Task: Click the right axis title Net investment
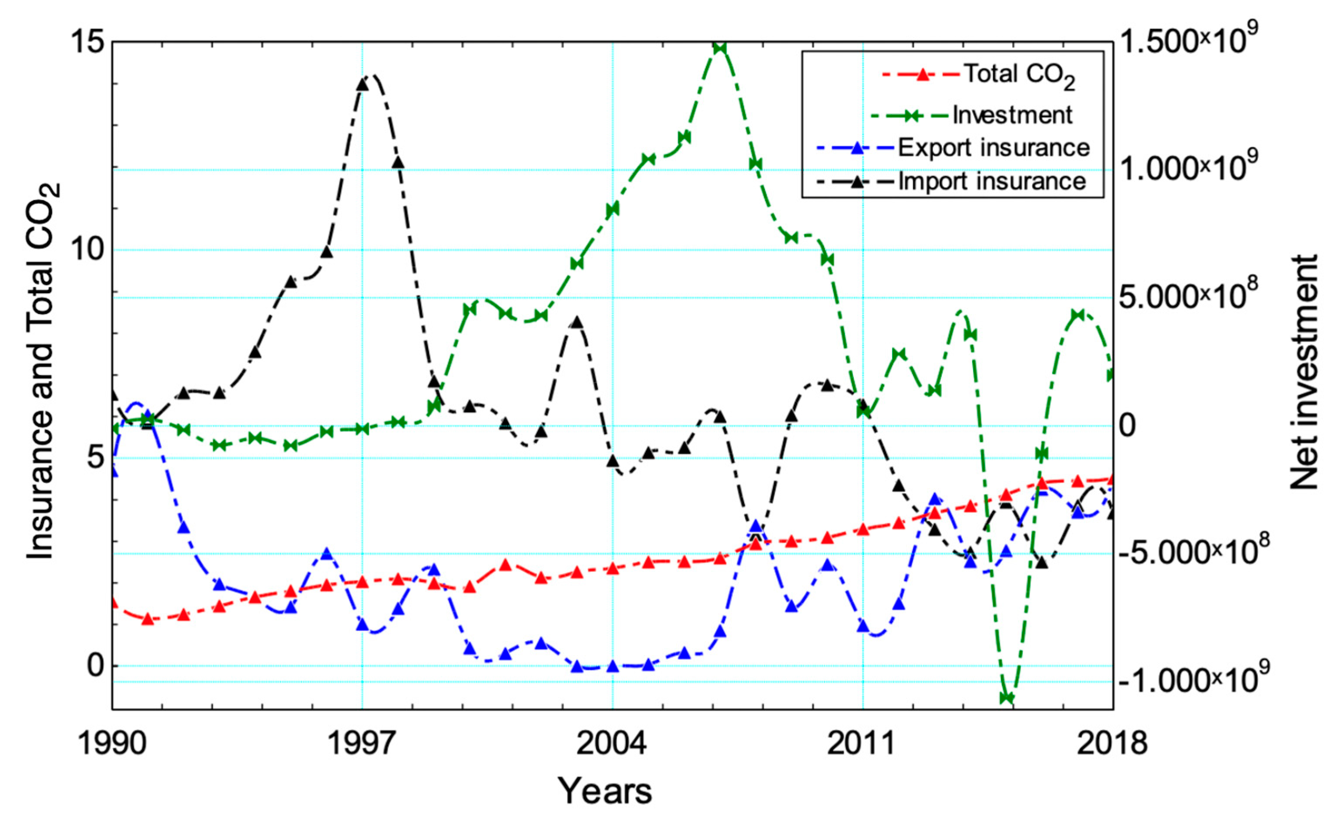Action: [x=1305, y=373]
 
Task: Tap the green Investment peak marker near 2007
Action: [x=719, y=48]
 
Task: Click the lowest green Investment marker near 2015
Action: [x=1006, y=698]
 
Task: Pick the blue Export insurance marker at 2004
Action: [x=613, y=666]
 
